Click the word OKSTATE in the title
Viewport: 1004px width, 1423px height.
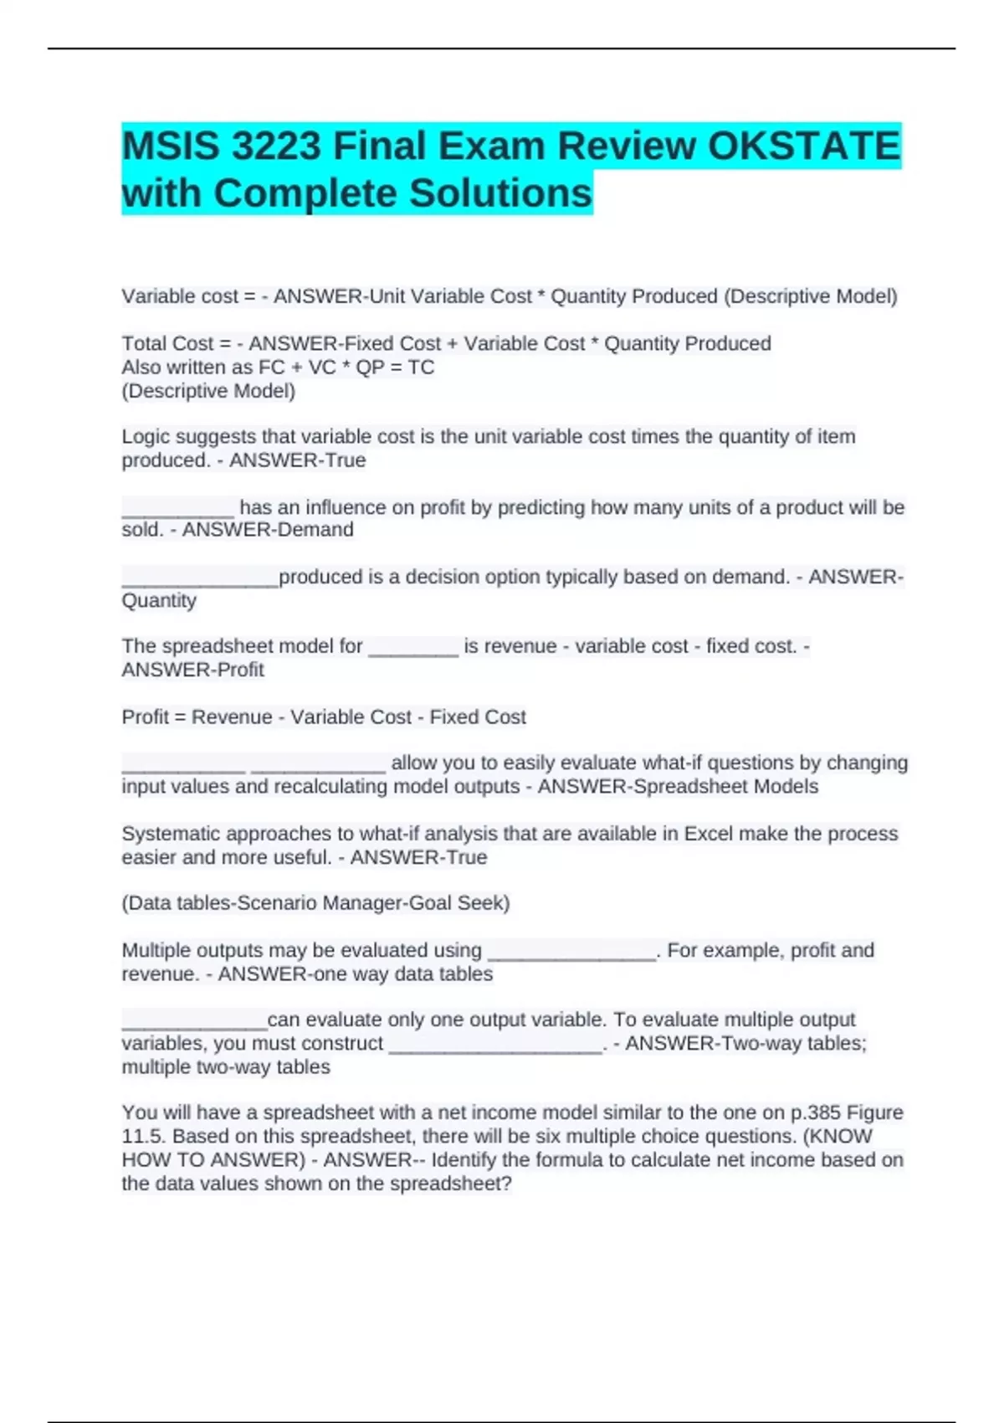(803, 146)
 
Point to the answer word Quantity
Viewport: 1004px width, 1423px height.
(159, 601)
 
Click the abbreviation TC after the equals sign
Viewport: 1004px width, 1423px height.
(421, 367)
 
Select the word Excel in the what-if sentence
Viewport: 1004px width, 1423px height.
(709, 834)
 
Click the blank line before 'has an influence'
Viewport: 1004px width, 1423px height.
(178, 508)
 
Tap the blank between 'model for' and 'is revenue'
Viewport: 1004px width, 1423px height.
(413, 647)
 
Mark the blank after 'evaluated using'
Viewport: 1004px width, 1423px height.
(571, 952)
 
